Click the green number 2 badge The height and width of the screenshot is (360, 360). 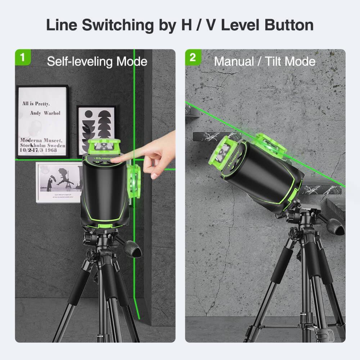pyautogui.click(x=193, y=58)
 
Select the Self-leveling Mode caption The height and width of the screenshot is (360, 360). pyautogui.click(x=97, y=62)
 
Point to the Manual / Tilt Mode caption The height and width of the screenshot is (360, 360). pyautogui.click(x=265, y=62)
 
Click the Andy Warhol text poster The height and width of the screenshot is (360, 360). pyautogui.click(x=42, y=122)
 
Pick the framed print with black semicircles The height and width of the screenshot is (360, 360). pyautogui.click(x=96, y=130)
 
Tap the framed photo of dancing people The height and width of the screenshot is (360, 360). pyautogui.click(x=59, y=182)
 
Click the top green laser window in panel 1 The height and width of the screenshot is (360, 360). pyautogui.click(x=104, y=146)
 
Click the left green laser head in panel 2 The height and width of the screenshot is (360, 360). pyautogui.click(x=222, y=153)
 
